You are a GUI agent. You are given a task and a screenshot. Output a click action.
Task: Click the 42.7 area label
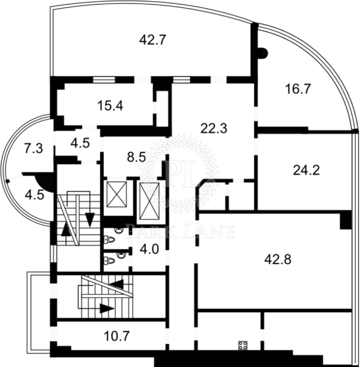click(x=153, y=40)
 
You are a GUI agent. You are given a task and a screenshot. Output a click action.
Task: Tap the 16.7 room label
click(x=298, y=89)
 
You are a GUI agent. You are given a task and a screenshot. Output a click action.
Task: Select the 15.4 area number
click(x=110, y=106)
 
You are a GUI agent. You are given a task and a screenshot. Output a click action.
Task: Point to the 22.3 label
click(x=214, y=128)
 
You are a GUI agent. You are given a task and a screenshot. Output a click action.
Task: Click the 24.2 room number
click(x=306, y=170)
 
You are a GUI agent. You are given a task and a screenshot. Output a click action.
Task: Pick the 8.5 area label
click(x=136, y=157)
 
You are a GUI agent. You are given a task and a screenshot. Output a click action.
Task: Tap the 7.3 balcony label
click(x=34, y=148)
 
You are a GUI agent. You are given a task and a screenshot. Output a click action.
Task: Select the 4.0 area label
click(x=149, y=249)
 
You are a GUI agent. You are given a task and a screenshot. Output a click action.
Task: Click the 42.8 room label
click(x=278, y=260)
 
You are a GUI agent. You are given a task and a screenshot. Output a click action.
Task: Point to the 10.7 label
click(x=117, y=336)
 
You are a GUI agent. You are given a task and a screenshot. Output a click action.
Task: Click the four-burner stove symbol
click(x=243, y=345)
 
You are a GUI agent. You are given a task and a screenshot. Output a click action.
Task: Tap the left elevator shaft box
click(x=117, y=194)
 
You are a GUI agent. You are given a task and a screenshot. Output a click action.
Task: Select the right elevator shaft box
click(x=149, y=201)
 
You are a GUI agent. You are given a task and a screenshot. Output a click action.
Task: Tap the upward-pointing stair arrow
click(x=66, y=229)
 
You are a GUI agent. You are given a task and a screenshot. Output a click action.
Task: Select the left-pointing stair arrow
click(x=117, y=284)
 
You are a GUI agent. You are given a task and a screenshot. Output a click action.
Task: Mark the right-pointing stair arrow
click(x=107, y=308)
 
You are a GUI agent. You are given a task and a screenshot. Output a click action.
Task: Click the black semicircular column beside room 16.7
click(x=263, y=54)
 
